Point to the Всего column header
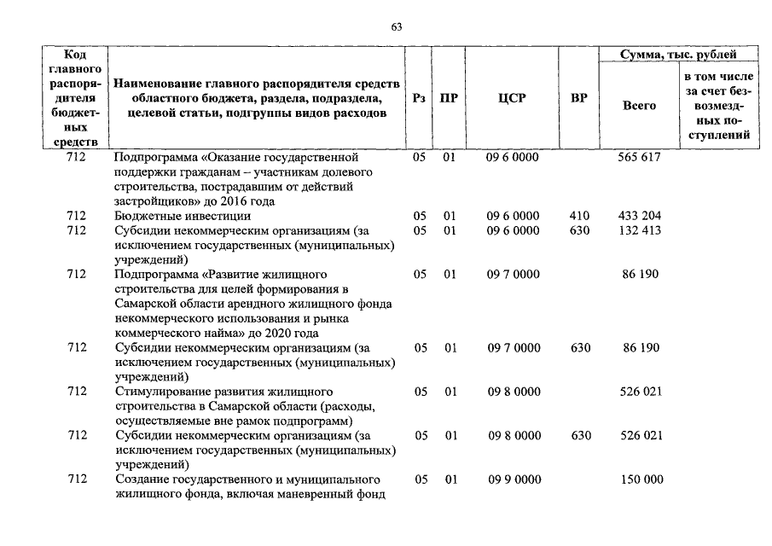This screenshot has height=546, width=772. coord(639,106)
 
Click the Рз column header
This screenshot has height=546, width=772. coord(419,98)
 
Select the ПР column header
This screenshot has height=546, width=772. coord(449,98)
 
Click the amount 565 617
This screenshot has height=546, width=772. coord(639,158)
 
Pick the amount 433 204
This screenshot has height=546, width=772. coord(639,216)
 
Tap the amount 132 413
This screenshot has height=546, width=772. coord(639,230)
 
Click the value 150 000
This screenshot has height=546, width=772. coord(641,479)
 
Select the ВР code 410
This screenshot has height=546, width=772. coord(579,216)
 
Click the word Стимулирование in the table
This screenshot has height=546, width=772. coord(160,391)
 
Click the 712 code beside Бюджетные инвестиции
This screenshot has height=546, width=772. coord(77,216)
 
